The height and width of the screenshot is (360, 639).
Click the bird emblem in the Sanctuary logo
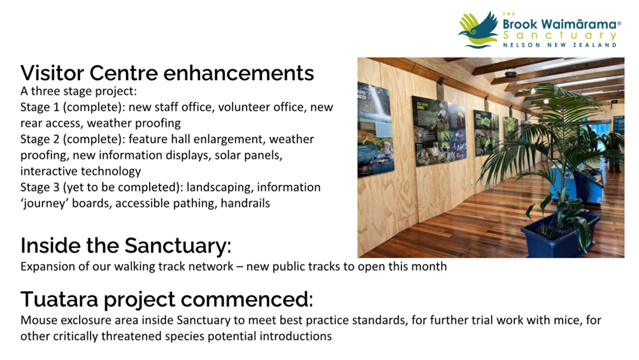[478, 29]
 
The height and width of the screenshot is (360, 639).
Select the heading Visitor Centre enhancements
[167, 73]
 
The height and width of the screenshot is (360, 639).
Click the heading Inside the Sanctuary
[126, 245]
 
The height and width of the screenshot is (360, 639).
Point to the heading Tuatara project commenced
[167, 299]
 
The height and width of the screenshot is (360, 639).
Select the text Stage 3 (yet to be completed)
[101, 187]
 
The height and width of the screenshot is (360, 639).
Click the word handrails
[245, 203]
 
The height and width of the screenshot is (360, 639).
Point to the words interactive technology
[81, 171]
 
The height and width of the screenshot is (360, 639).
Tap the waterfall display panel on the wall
[375, 129]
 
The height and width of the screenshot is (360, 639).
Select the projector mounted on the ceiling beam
[511, 74]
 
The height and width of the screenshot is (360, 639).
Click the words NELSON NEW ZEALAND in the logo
[559, 45]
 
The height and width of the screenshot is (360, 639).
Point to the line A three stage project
[78, 91]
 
